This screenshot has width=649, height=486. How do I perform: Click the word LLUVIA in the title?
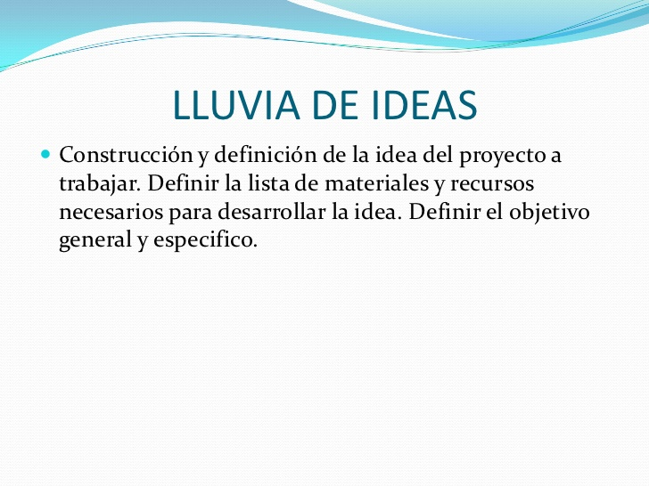(x=236, y=105)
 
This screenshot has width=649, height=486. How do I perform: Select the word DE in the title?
(x=335, y=105)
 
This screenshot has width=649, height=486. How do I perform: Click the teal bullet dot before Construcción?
(x=45, y=155)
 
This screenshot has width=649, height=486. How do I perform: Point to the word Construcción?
(x=127, y=155)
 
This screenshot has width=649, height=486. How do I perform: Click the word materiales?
(x=376, y=183)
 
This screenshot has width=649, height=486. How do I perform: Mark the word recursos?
(x=492, y=184)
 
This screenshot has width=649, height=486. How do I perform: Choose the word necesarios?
(x=111, y=212)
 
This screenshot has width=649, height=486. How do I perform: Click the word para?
(x=190, y=214)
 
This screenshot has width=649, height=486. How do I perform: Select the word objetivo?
(x=549, y=213)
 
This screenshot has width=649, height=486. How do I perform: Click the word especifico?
(x=205, y=240)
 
